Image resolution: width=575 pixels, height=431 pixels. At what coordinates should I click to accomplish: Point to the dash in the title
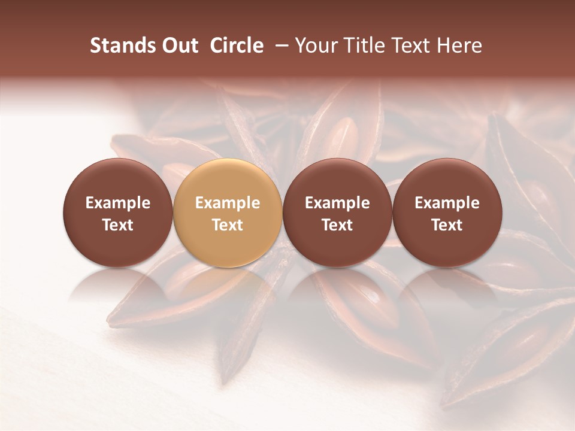[279, 45]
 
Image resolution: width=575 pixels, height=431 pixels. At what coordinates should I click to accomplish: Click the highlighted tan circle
[228, 213]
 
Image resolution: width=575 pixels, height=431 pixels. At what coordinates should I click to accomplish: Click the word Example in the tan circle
[228, 203]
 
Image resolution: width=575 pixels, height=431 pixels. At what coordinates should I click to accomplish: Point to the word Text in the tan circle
[228, 225]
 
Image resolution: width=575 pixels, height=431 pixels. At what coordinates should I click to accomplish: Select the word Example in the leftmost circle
[118, 203]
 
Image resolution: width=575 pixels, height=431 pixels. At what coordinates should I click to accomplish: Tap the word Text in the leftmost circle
[118, 225]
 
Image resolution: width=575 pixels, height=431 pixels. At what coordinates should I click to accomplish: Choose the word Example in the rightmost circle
[447, 203]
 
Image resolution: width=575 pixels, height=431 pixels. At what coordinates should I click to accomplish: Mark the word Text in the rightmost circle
[447, 225]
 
